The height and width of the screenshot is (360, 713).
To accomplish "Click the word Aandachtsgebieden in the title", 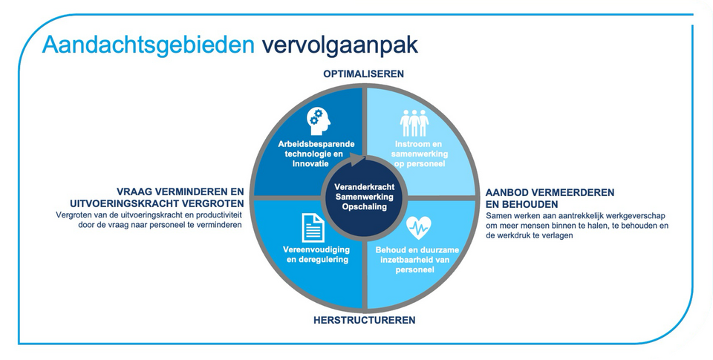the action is click(x=149, y=46).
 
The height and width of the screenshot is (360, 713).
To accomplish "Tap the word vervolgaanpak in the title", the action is click(x=339, y=46).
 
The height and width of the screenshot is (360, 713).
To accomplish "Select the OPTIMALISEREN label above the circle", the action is click(x=364, y=73).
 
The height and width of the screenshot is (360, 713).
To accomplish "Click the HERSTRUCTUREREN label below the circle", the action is click(x=364, y=320).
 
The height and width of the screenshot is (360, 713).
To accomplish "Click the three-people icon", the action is click(x=414, y=122).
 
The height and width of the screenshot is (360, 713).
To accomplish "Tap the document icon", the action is click(x=313, y=227).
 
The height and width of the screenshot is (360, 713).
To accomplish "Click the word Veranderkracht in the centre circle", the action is click(x=364, y=187).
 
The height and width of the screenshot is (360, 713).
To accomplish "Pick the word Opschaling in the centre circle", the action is click(x=364, y=206).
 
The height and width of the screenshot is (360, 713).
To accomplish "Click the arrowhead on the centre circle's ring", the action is click(x=361, y=160).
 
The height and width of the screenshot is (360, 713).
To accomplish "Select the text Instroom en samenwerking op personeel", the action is click(x=419, y=154).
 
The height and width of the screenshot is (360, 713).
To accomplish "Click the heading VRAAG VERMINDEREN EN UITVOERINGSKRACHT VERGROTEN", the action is click(x=157, y=197).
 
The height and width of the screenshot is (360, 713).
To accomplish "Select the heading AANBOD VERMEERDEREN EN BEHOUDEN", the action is click(x=550, y=197).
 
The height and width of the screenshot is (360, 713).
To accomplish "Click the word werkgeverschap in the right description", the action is click(x=637, y=216).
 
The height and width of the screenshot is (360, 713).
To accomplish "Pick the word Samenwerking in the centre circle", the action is click(x=364, y=197).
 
